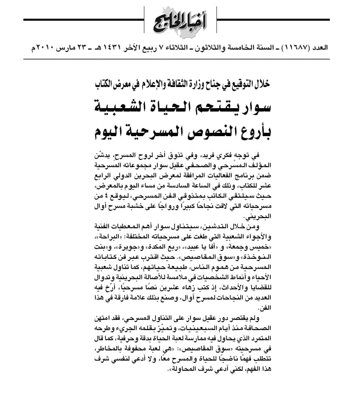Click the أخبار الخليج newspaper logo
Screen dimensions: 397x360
pyautogui.click(x=180, y=21)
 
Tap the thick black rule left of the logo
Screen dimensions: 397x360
pyautogui.click(x=83, y=20)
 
